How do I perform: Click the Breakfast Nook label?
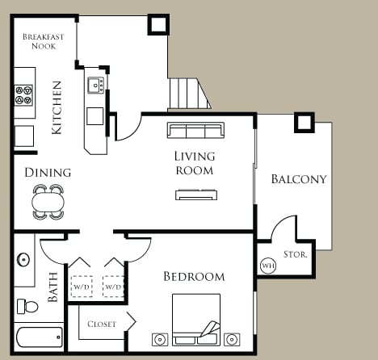point(44,42)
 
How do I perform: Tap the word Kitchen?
point(57,107)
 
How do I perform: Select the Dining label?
point(48,172)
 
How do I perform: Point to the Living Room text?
point(194,162)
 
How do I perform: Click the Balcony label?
point(299,179)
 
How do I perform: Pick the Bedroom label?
point(194,277)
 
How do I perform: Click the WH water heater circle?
point(268,266)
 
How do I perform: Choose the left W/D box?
point(82,287)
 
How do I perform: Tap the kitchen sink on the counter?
point(95,85)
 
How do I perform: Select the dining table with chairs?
point(48,201)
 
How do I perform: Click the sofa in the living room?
point(195,130)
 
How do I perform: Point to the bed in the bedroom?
point(195,320)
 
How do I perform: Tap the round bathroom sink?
point(23,261)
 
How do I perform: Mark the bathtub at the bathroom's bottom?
point(39,337)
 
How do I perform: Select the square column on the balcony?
point(304,122)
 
